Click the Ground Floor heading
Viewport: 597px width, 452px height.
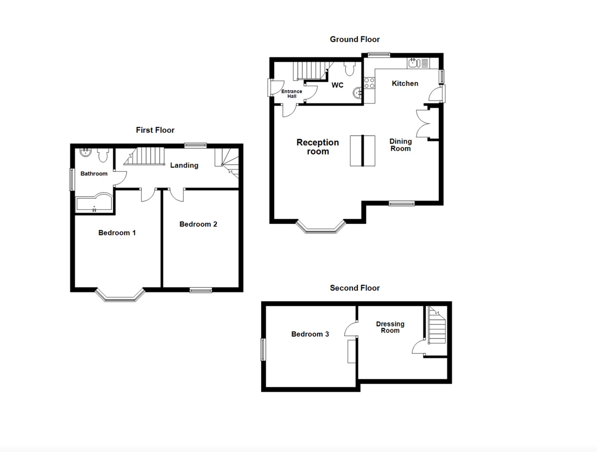(355, 39)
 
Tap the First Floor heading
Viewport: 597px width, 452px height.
(155, 130)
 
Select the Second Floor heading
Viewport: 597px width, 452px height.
(355, 288)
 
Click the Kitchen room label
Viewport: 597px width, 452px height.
(405, 83)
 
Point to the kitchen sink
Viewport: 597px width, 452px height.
(418, 63)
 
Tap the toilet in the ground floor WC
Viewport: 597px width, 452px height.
(349, 68)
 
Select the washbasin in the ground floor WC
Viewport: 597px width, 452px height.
(358, 93)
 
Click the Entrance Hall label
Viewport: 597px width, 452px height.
(292, 94)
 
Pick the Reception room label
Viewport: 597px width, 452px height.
(318, 147)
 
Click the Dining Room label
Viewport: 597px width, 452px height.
(401, 145)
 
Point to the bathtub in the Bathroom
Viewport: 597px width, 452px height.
(94, 203)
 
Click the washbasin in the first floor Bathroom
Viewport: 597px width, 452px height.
(86, 152)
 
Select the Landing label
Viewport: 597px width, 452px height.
(184, 165)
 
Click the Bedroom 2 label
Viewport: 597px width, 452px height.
(198, 224)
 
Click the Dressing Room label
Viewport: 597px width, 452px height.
(390, 327)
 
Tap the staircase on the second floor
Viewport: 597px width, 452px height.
(437, 325)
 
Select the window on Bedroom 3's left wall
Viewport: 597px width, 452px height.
(263, 349)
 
